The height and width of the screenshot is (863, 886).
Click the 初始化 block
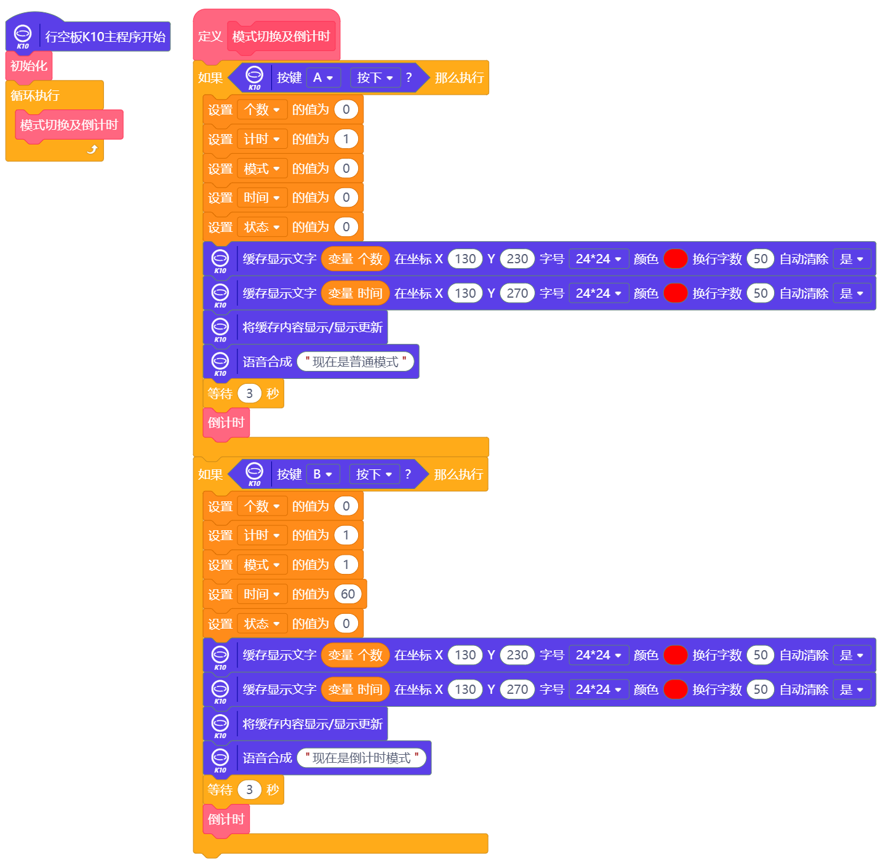[x=28, y=66]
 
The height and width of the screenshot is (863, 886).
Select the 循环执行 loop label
[x=35, y=95]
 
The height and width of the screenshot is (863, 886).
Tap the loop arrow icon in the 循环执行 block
[x=92, y=149]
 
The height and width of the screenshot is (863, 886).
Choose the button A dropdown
[x=323, y=78]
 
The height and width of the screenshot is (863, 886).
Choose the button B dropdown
[x=322, y=474]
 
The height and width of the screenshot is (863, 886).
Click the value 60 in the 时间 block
[x=348, y=594]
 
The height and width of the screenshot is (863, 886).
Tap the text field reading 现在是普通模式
[x=356, y=362]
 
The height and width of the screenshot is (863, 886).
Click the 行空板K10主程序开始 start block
[x=105, y=37]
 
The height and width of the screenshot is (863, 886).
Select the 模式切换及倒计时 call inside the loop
[x=69, y=125]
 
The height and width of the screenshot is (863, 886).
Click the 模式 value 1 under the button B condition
[x=346, y=565]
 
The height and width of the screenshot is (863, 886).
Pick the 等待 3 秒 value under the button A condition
[x=249, y=394]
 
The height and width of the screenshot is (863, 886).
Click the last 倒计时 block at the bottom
[x=226, y=819]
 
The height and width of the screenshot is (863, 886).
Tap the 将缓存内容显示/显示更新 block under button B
[x=312, y=724]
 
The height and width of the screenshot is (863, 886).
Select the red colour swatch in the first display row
[x=675, y=259]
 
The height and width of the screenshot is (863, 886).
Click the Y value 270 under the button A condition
[x=517, y=293]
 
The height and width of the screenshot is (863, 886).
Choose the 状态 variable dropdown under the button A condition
[x=261, y=227]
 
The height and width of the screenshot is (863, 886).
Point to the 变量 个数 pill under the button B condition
[x=355, y=655]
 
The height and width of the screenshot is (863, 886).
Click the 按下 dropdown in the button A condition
[x=375, y=78]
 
